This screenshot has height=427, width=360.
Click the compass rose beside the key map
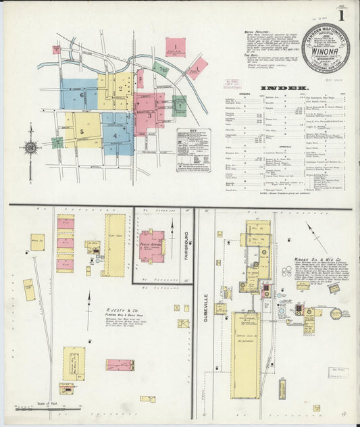30,148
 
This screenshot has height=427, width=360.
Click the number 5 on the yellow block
82,131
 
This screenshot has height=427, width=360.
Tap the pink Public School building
152,246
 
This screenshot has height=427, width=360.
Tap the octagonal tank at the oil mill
336,313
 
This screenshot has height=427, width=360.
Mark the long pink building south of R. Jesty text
120,365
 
